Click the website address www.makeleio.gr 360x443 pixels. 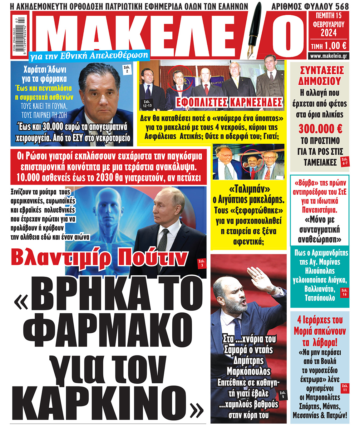point(328,56)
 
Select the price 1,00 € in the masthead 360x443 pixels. point(335,46)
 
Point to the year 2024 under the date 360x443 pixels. point(328,32)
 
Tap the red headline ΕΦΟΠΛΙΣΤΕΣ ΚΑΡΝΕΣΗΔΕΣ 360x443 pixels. point(229,102)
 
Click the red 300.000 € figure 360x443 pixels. point(320,128)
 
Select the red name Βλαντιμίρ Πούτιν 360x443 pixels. point(99,258)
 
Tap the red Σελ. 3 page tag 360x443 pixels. point(202,263)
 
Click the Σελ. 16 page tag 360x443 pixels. point(344,292)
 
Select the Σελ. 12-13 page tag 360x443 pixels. point(147,104)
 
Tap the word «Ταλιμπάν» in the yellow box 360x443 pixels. point(249,189)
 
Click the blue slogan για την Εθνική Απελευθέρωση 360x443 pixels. point(89,56)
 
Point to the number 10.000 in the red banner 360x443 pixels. point(28,177)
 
